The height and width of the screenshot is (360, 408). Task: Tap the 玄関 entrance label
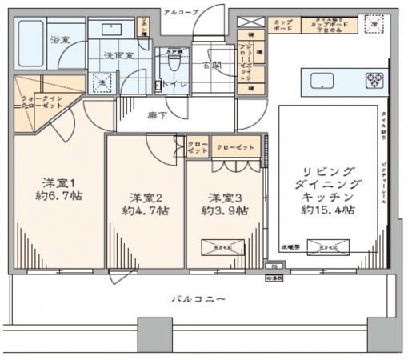pyautogui.click(x=212, y=65)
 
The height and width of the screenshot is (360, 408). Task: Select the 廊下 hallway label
pyautogui.click(x=158, y=115)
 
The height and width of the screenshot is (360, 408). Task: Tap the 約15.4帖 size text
pyautogui.click(x=328, y=210)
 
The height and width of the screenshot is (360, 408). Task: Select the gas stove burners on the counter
pyautogui.click(x=374, y=80)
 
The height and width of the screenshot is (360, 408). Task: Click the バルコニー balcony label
pyautogui.click(x=198, y=298)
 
